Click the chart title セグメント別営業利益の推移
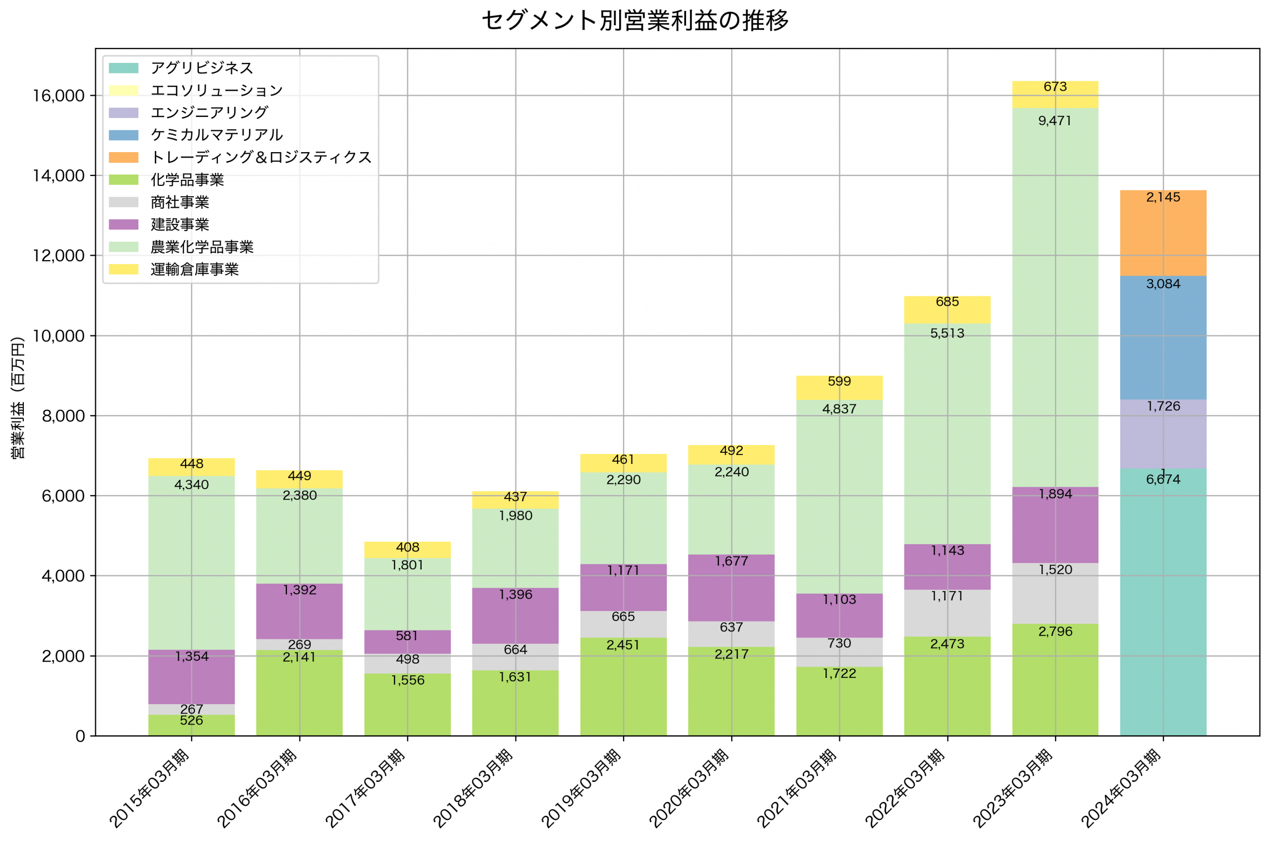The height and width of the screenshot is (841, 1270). pos(635,21)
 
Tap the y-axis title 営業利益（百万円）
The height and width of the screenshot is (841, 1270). pos(18,397)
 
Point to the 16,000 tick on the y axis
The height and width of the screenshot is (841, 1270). pos(59,96)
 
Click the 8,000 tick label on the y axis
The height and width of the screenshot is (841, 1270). pos(63,416)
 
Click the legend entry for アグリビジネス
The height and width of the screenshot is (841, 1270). pos(201,68)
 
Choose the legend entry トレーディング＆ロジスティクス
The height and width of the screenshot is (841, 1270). pos(261,157)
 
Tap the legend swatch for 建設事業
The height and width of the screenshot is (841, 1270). pos(124,224)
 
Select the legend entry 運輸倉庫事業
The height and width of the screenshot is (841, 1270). pos(194,269)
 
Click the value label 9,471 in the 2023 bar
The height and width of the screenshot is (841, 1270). pos(1055,121)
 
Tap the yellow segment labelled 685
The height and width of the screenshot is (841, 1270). pos(948,309)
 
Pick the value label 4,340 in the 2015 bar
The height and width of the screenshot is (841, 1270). pos(191,485)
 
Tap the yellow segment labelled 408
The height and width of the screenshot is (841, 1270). pos(407,550)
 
